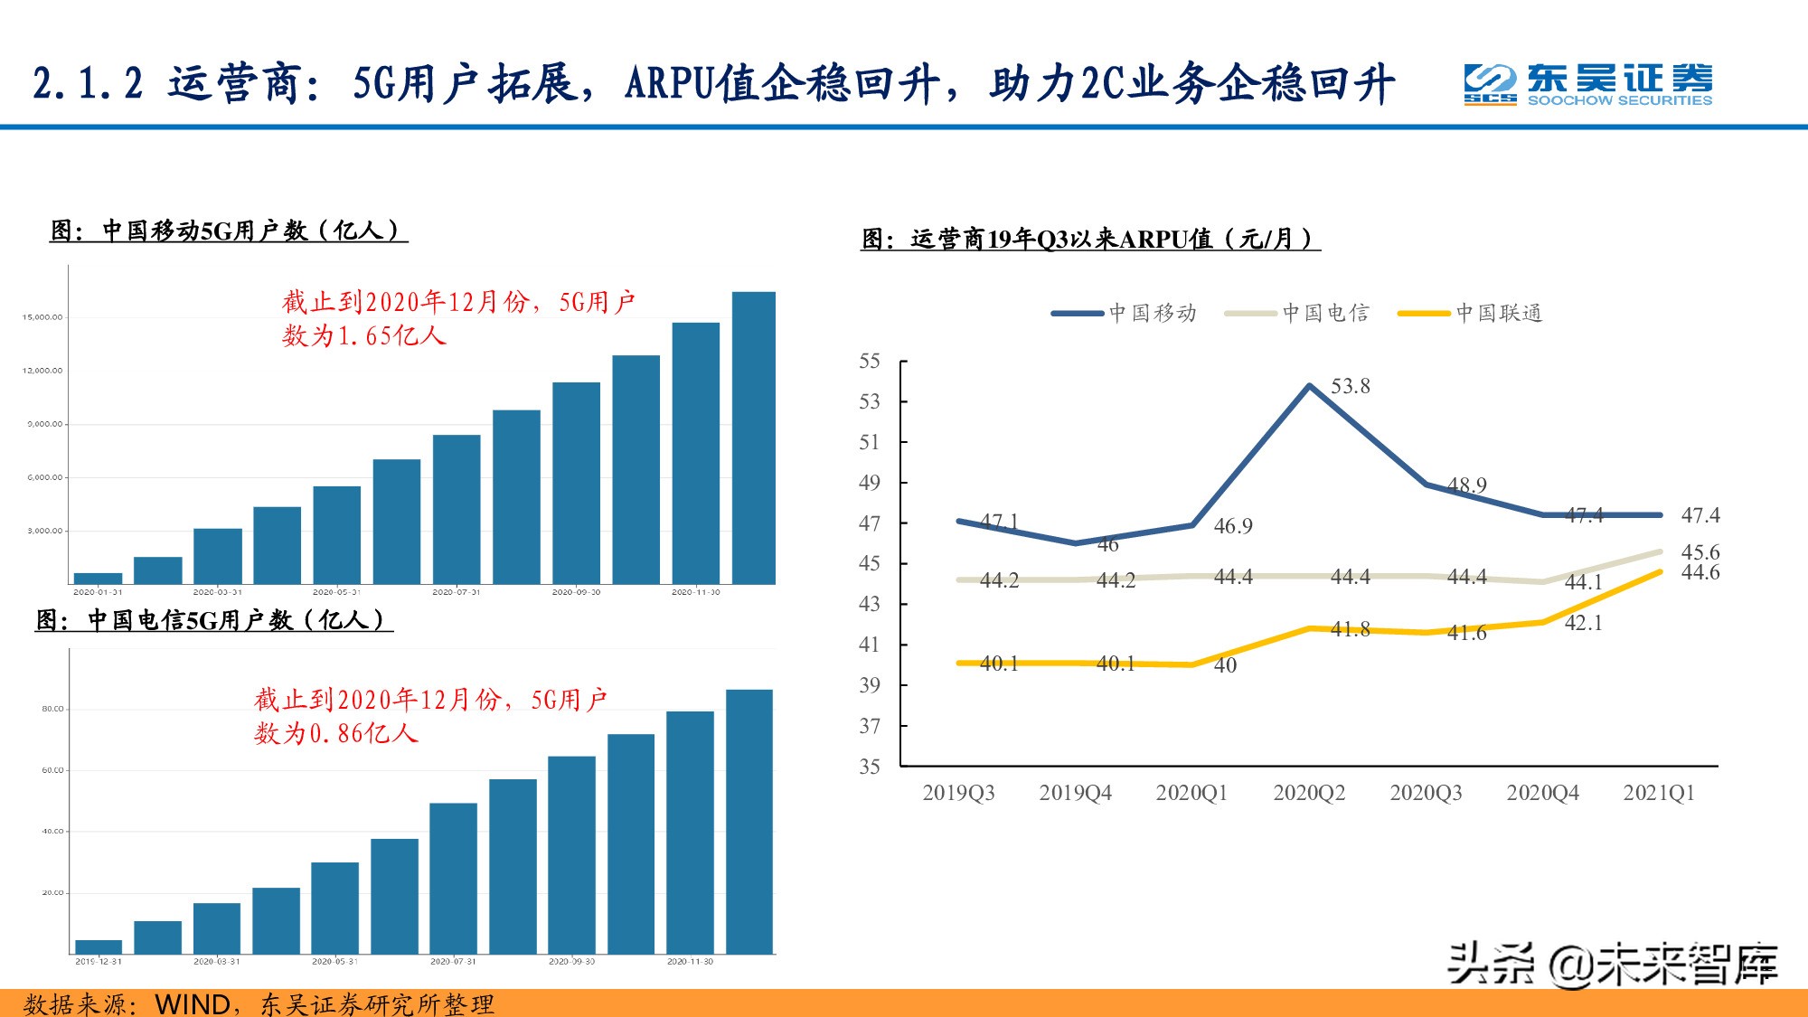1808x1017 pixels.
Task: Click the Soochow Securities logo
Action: tap(1587, 85)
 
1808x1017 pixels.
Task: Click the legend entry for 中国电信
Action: tap(1298, 314)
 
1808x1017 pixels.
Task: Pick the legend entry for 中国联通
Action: tap(1471, 314)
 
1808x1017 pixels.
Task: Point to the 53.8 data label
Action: tap(1350, 387)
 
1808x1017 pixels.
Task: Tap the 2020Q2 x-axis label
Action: tap(1309, 793)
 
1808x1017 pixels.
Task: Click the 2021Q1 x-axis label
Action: tap(1659, 793)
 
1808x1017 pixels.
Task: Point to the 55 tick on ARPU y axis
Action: tap(869, 362)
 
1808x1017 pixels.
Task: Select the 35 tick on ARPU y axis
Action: tap(869, 767)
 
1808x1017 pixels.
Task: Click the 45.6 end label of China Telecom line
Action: tap(1700, 551)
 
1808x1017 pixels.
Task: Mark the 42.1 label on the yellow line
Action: tap(1583, 623)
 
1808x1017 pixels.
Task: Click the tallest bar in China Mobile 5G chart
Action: tap(753, 438)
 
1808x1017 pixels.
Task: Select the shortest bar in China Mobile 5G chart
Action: tap(98, 579)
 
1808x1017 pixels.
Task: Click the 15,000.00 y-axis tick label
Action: tap(42, 317)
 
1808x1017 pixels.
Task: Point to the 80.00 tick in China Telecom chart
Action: tap(52, 709)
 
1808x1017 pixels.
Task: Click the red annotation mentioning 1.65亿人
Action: tap(458, 318)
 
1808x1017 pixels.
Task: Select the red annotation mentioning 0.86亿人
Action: tap(430, 716)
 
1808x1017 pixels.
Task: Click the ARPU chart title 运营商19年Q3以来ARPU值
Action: tap(1089, 240)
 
